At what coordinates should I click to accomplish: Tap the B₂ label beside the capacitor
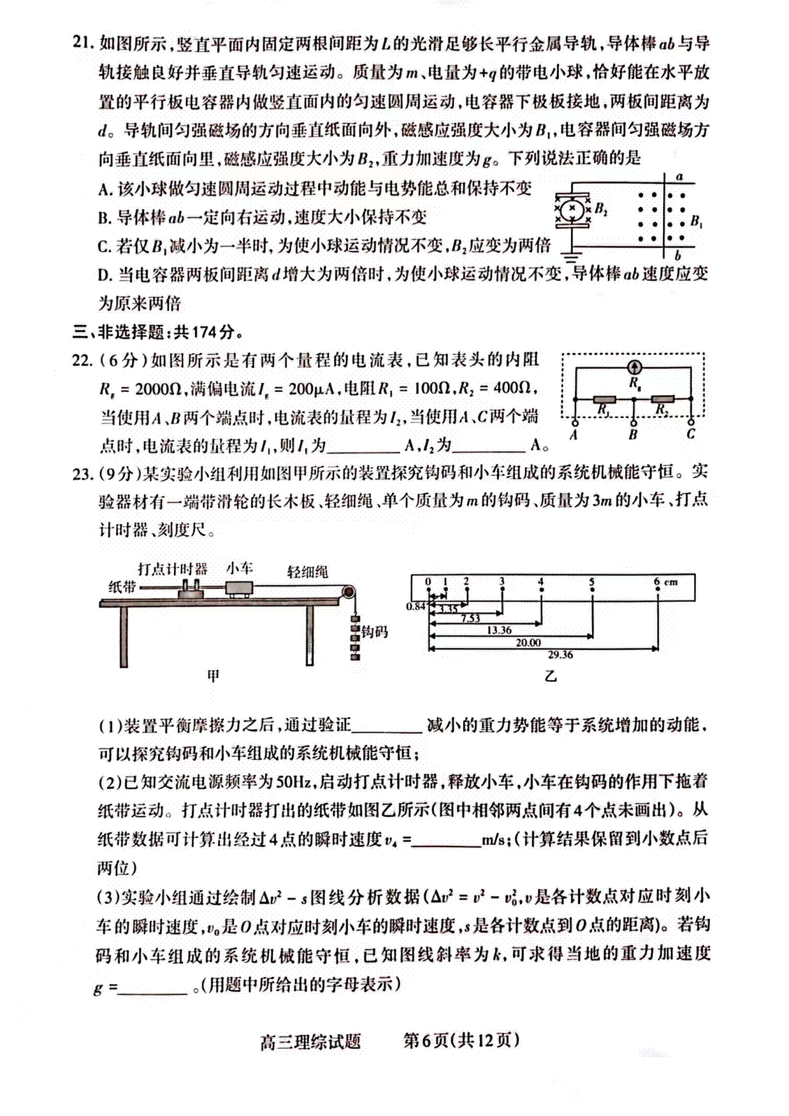(601, 209)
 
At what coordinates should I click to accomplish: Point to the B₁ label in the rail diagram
(696, 221)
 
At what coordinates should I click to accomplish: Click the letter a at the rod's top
(680, 177)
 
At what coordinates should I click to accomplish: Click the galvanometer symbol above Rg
(634, 367)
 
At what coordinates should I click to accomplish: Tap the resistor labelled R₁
(604, 399)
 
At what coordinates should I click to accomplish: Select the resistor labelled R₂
(663, 399)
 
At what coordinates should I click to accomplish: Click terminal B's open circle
(633, 421)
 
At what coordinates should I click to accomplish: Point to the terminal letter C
(690, 435)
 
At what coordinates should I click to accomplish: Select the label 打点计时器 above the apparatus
(173, 569)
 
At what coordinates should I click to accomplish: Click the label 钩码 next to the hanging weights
(375, 632)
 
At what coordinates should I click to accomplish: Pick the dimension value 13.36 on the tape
(499, 630)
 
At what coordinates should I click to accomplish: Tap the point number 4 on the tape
(540, 582)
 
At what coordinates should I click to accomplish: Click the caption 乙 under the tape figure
(551, 676)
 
